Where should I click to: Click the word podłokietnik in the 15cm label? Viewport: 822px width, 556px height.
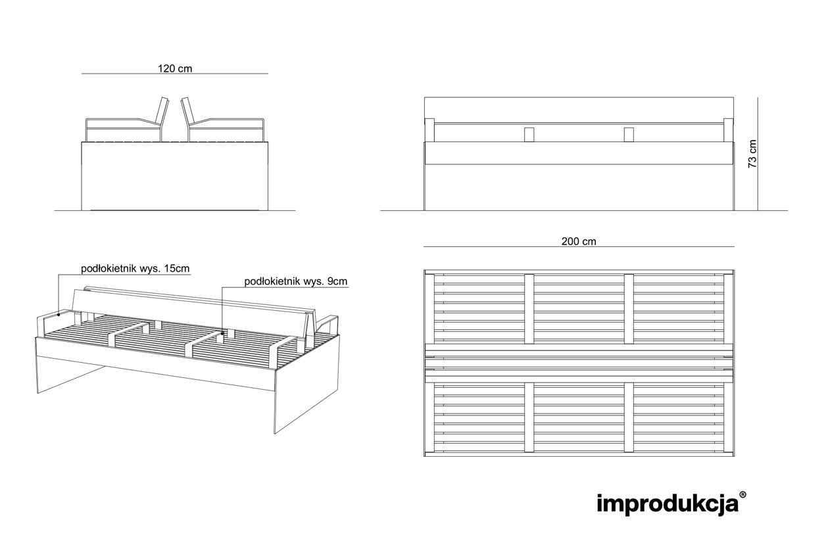(x=109, y=269)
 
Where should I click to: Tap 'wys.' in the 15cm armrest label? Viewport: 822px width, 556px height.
(x=151, y=269)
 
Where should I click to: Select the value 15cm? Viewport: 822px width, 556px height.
(x=177, y=269)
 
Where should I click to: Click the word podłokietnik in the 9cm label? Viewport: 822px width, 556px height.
(x=272, y=282)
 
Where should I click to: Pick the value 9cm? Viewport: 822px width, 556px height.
(x=337, y=282)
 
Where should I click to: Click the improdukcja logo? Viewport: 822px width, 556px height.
(x=667, y=504)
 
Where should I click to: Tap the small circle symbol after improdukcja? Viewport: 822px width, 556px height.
(x=742, y=494)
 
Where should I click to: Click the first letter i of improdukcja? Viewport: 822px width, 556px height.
(x=599, y=504)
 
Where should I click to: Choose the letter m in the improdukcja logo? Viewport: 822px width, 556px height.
(x=611, y=505)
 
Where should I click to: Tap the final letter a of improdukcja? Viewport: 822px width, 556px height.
(x=731, y=505)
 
